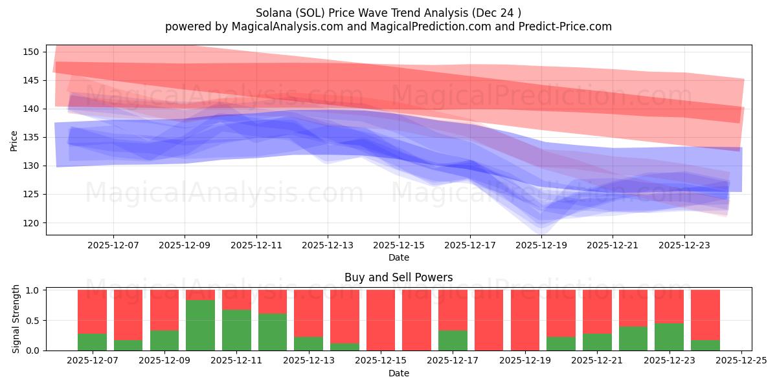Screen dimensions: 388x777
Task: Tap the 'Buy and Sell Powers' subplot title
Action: pos(398,277)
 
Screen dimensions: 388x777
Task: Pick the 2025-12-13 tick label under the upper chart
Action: pos(327,246)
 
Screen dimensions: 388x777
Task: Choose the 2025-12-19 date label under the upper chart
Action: pos(541,246)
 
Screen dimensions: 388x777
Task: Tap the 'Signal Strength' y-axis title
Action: pos(17,319)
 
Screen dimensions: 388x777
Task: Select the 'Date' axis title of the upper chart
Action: pos(398,257)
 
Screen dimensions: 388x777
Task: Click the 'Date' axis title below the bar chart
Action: pos(398,373)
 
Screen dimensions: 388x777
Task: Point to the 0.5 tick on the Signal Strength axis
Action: pos(32,320)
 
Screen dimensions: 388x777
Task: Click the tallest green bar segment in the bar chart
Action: pos(200,325)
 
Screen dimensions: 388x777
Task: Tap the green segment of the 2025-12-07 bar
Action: pos(92,342)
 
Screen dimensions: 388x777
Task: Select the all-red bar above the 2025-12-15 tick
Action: pos(381,320)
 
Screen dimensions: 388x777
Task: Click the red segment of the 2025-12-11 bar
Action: pos(236,299)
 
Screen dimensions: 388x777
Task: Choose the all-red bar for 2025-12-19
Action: pos(524,320)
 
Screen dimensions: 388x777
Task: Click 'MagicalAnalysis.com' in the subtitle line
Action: pos(284,27)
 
